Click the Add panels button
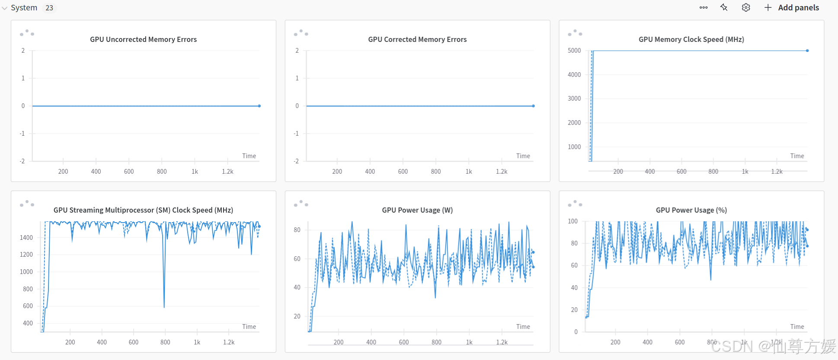(792, 8)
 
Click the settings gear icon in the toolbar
(746, 8)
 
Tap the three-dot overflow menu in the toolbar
(704, 8)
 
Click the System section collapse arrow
(5, 8)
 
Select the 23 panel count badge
(49, 8)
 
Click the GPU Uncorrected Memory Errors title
(143, 39)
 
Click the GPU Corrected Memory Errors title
(417, 39)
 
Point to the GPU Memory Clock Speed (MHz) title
(691, 39)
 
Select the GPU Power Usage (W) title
(417, 210)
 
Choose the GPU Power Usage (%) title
(691, 210)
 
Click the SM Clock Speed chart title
(143, 210)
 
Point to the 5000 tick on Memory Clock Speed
(574, 51)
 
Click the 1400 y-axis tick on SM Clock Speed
(26, 238)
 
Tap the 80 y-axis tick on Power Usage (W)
(297, 230)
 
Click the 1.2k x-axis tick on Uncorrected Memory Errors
(227, 172)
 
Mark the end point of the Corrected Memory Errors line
(533, 106)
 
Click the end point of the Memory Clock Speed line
(807, 51)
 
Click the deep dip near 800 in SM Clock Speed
(164, 306)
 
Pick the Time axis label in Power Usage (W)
(523, 327)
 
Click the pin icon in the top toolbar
(724, 7)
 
